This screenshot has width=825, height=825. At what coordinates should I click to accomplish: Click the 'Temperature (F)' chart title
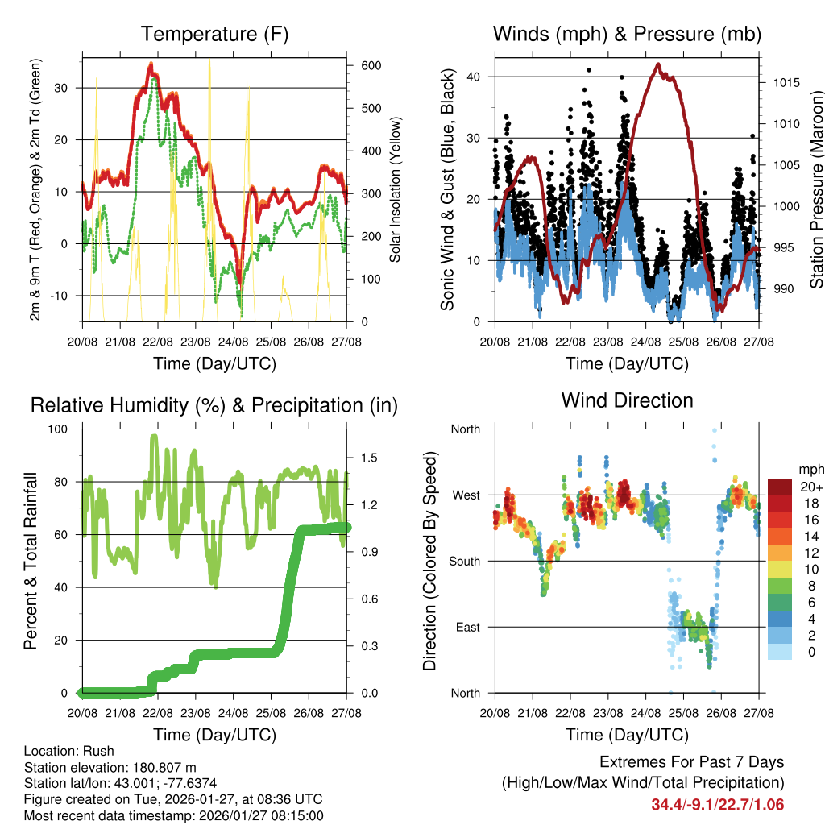pos(214,35)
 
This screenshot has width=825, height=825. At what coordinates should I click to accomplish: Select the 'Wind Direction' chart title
pos(627,400)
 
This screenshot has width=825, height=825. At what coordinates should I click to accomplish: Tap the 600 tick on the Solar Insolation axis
pos(370,66)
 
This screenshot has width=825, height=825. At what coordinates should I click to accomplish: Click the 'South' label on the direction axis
pos(463,561)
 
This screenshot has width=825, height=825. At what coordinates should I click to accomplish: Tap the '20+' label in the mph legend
pos(811,487)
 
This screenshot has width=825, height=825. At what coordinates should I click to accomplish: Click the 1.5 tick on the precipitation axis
pos(370,458)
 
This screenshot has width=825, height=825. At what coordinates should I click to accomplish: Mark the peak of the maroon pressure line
pos(658,64)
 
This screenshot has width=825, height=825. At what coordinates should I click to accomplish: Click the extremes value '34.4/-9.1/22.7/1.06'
pos(717,804)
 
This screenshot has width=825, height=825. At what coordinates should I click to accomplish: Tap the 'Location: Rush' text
pos(69,751)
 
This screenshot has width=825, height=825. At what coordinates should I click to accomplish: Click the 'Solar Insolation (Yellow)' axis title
pos(396,189)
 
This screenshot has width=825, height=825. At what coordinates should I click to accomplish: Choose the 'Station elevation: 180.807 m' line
pos(110,767)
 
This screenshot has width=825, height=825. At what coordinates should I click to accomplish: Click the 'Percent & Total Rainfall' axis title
pos(31,561)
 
